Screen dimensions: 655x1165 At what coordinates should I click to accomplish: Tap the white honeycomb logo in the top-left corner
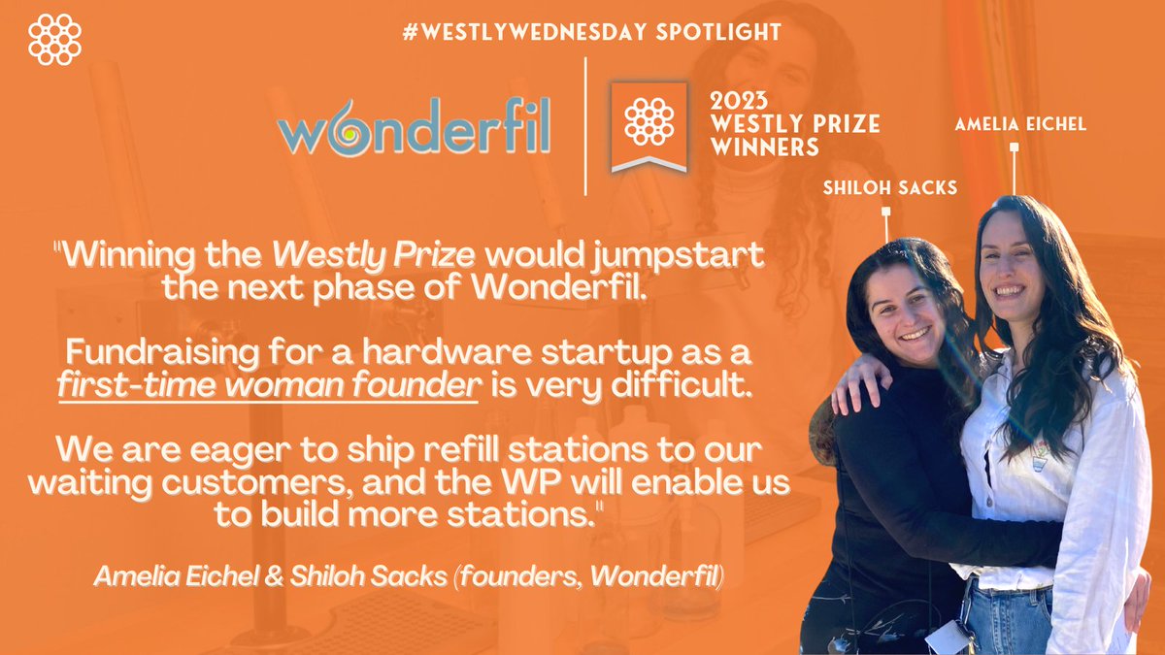click(55, 39)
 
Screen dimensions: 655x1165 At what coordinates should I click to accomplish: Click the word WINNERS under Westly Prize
click(764, 147)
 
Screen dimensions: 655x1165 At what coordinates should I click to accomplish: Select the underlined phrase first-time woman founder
click(268, 385)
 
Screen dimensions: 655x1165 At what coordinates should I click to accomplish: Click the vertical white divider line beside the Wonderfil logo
click(584, 126)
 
